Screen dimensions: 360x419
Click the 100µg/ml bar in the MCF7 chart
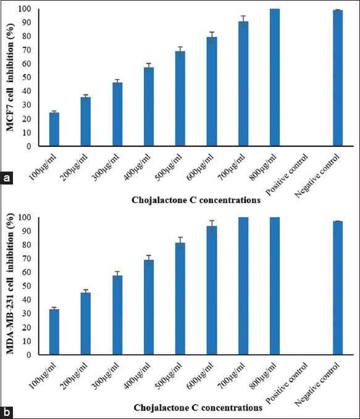tap(54, 130)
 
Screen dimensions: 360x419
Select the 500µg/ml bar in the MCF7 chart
tap(180, 99)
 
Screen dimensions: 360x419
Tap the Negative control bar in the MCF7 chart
tap(338, 78)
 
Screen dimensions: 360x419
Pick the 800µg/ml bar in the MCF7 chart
tap(275, 78)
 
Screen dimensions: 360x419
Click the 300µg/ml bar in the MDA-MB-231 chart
tap(117, 315)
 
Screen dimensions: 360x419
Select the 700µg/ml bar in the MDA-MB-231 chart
tap(243, 286)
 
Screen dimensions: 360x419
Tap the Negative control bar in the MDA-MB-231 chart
tap(338, 288)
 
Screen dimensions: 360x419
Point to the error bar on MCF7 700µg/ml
tap(243, 22)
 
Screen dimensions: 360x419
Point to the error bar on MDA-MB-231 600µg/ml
tap(212, 226)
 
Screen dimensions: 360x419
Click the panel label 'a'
tap(6, 178)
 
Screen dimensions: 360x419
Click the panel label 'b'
tap(6, 412)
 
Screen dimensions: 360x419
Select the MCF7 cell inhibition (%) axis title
tap(10, 78)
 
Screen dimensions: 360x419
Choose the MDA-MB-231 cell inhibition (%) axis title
tap(10, 284)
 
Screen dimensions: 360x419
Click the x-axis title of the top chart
tap(196, 200)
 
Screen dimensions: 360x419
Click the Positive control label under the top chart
tap(286, 175)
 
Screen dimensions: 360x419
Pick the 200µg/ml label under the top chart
tap(74, 168)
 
